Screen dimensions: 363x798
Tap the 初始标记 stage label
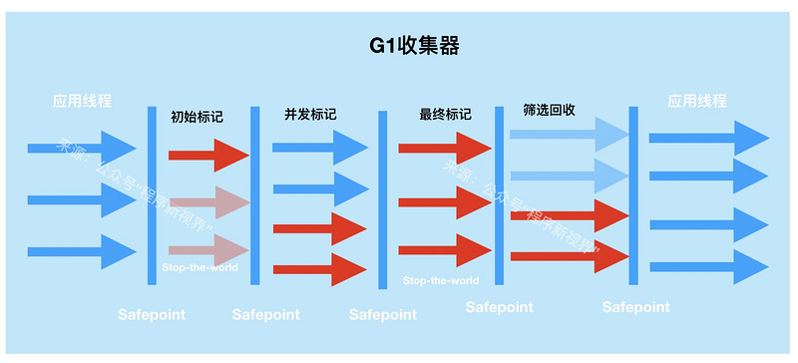tap(197, 117)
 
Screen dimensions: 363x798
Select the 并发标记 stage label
tap(310, 114)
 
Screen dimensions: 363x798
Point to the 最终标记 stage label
tap(445, 114)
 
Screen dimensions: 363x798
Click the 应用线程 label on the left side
tap(83, 101)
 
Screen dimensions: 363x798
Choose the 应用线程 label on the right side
tap(697, 101)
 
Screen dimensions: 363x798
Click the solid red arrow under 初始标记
tap(207, 155)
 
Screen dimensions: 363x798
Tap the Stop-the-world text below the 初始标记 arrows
tap(199, 267)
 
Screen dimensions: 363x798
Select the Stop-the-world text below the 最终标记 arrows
tap(441, 280)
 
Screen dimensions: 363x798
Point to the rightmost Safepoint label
tap(636, 307)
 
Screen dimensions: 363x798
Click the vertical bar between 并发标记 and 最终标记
tap(382, 199)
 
